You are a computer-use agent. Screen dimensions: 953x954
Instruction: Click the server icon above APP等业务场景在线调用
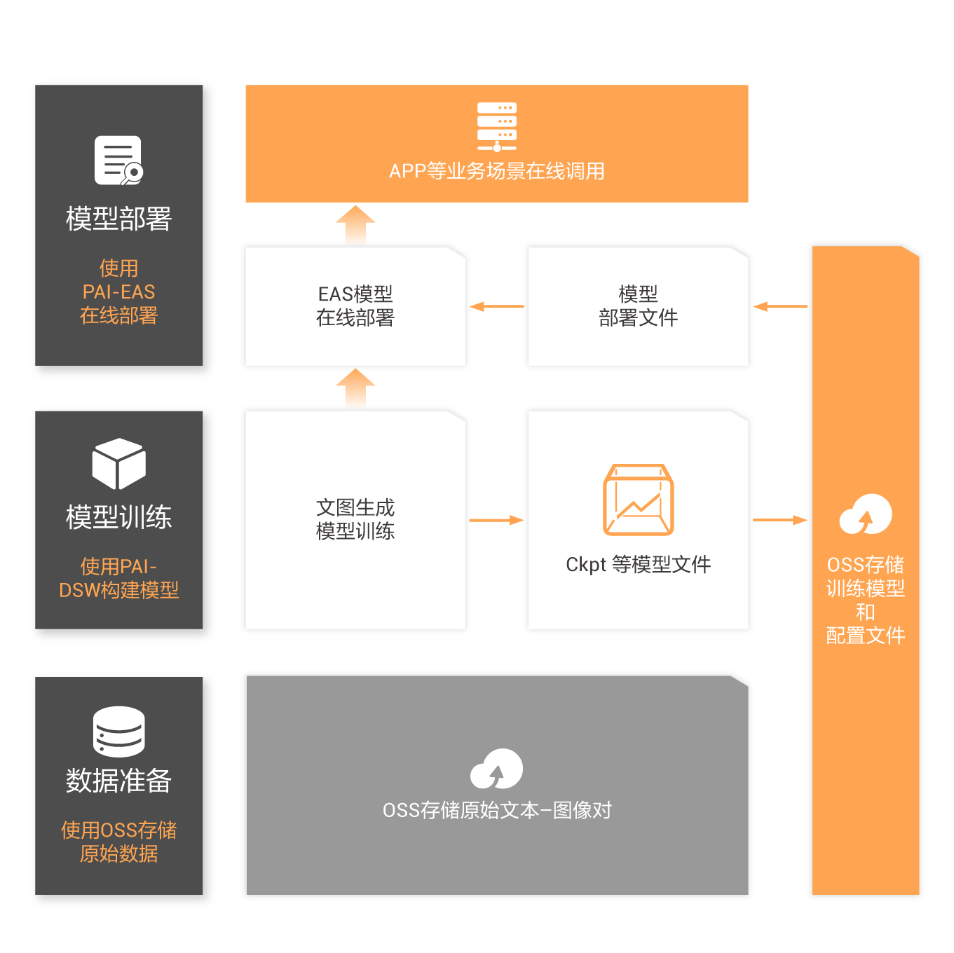click(496, 127)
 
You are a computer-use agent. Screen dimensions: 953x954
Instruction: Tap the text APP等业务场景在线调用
click(496, 171)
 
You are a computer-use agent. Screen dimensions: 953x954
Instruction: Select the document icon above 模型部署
click(118, 160)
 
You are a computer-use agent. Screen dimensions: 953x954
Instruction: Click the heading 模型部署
click(118, 219)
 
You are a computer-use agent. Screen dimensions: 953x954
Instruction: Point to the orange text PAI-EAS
click(118, 292)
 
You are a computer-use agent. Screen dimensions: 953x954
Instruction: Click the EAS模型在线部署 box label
click(355, 306)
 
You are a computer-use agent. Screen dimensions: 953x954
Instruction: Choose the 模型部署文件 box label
click(638, 306)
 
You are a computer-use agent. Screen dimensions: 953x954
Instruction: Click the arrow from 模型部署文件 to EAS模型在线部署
click(497, 306)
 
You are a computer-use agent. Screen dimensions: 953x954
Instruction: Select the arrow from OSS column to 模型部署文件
click(780, 306)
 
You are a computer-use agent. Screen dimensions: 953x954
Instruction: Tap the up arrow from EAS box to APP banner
click(355, 224)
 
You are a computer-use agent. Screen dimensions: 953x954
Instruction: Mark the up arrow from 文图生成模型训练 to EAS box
click(355, 388)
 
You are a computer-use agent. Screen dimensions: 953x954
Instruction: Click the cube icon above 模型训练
click(118, 463)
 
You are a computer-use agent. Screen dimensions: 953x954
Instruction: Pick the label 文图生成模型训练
click(355, 519)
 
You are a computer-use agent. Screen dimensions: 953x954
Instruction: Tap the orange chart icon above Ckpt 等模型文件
click(638, 500)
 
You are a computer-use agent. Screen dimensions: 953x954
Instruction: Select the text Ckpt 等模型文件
click(638, 564)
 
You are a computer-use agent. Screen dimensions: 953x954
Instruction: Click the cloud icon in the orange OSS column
click(866, 514)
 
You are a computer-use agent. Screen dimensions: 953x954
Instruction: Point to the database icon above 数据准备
click(118, 731)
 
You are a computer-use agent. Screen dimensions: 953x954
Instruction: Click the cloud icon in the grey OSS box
click(496, 769)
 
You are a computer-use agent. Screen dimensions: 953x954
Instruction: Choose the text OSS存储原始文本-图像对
click(497, 810)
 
